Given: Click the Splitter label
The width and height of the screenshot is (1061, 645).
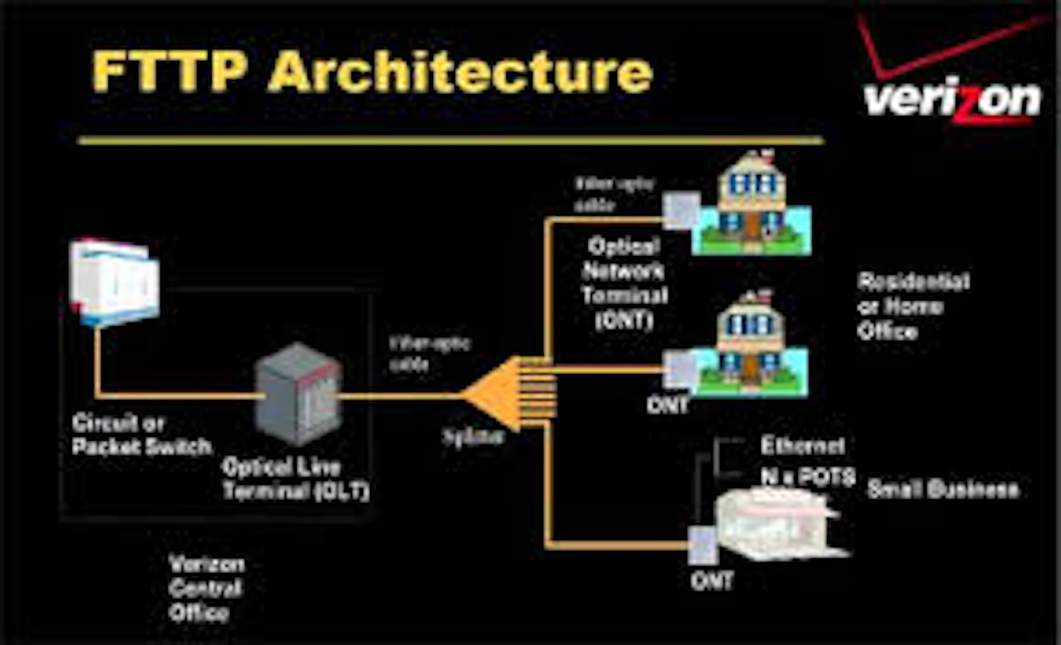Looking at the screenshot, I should click(474, 437).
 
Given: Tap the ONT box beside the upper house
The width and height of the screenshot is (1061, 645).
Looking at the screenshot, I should click(681, 210).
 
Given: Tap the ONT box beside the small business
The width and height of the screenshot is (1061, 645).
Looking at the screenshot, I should click(702, 545).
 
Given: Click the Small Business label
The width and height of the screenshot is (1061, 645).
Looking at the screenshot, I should click(943, 489).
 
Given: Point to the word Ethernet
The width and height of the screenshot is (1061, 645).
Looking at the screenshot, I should click(802, 446).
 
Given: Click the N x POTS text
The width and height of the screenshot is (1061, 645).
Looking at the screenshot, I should click(808, 476).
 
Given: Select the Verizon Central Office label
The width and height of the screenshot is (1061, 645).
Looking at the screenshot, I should click(206, 588).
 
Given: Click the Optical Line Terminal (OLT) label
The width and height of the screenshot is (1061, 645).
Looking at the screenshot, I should click(295, 479).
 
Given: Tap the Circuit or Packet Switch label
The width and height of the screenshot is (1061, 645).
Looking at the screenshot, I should click(141, 435).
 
